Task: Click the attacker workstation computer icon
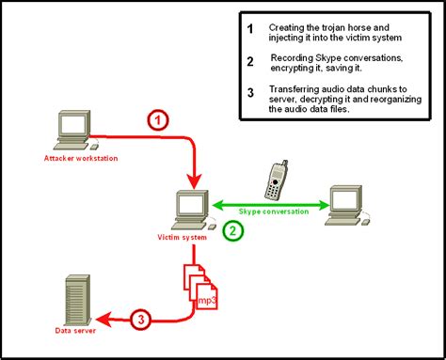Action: click(x=76, y=130)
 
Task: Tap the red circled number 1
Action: click(x=158, y=120)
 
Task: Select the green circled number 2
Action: click(x=233, y=231)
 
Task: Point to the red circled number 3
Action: click(x=141, y=320)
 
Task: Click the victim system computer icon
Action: click(x=193, y=211)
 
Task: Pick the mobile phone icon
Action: click(x=276, y=180)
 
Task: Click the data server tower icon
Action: click(x=77, y=301)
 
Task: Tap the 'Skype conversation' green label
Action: click(x=274, y=211)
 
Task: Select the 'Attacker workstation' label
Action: click(x=81, y=158)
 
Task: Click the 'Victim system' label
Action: click(x=183, y=237)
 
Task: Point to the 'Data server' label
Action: click(x=75, y=331)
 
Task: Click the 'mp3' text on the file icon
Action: click(x=207, y=300)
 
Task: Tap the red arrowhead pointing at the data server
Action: click(x=104, y=320)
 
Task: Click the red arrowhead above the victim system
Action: click(x=195, y=181)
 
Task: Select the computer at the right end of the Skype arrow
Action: click(x=347, y=206)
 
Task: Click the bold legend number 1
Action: click(x=250, y=29)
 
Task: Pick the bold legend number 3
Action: click(x=250, y=93)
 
